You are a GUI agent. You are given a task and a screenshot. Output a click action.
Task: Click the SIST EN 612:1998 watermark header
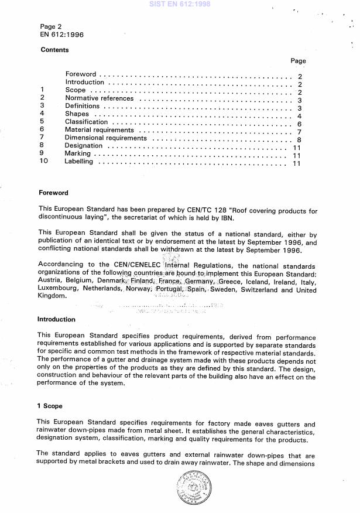coord(180,5)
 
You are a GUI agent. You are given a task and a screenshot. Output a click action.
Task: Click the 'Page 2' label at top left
coord(51,27)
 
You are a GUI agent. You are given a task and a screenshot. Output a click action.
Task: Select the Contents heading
coord(54,50)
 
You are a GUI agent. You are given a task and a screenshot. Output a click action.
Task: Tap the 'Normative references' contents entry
coord(99,99)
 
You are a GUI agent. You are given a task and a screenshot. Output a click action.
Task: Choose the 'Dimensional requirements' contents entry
coord(105,138)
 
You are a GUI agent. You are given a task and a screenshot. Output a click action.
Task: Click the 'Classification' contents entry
coord(86,122)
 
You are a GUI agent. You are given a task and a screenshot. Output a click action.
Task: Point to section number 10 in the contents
coord(43,162)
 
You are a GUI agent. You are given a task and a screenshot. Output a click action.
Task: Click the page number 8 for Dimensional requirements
coord(299,139)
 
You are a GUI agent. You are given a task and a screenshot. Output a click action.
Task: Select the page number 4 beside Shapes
coord(299,116)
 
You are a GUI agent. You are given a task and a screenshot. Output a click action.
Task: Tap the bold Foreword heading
coord(53,193)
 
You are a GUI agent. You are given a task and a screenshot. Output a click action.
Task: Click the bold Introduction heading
coord(56,320)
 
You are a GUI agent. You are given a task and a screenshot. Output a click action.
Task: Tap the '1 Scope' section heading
coord(50,406)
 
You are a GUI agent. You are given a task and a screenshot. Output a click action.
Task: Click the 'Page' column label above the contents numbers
coord(298,61)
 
